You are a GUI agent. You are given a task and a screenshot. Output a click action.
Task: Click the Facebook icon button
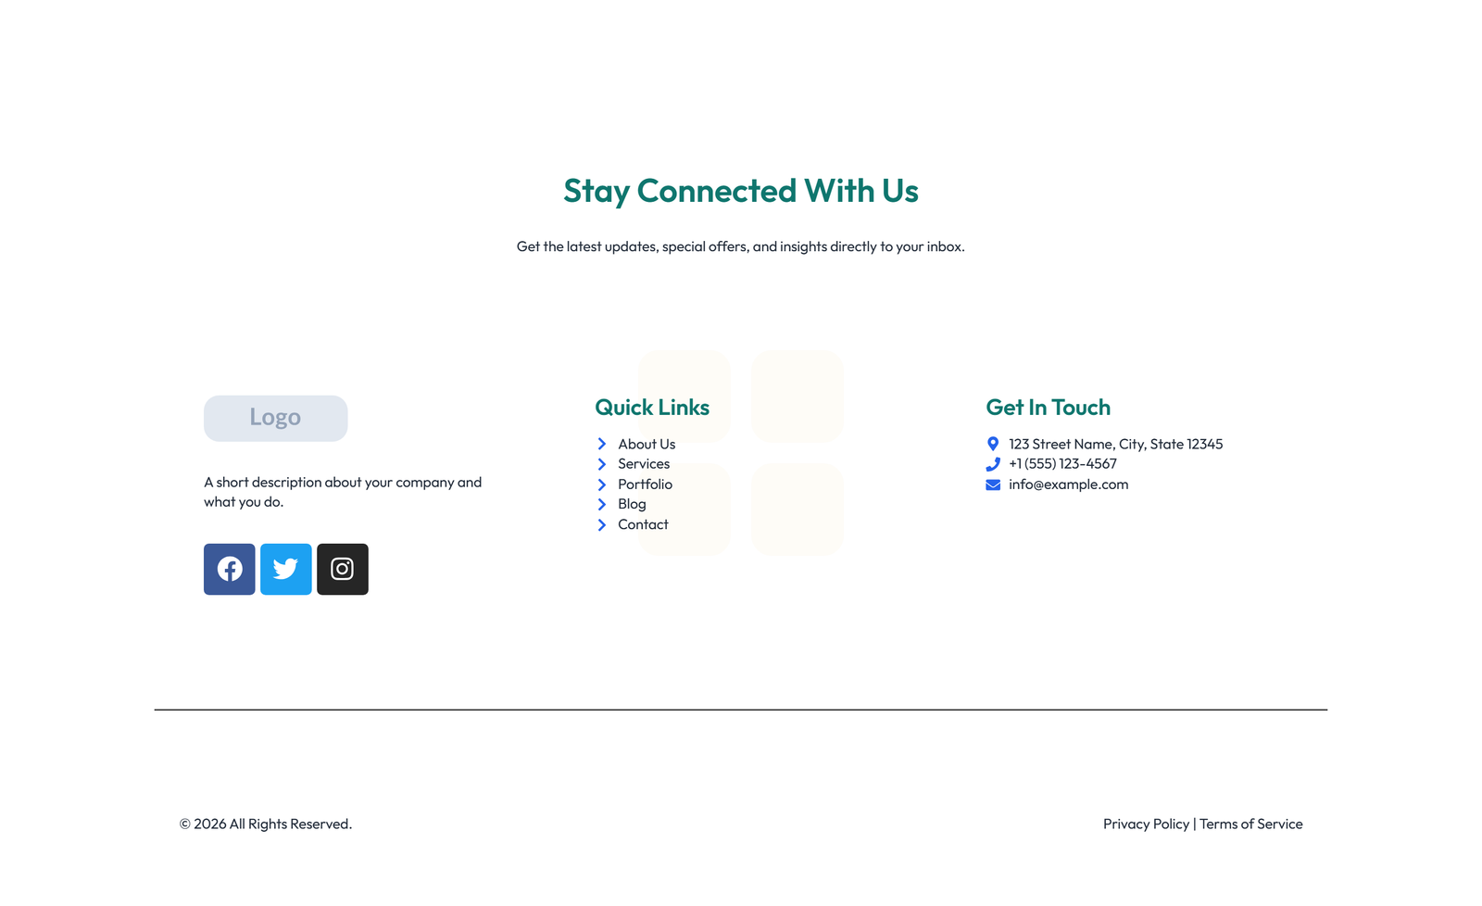coord(230,569)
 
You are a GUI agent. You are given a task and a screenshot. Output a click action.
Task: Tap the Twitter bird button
coord(286,569)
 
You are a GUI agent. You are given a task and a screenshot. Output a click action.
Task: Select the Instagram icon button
coord(343,569)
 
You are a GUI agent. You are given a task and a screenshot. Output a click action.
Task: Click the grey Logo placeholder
coord(275,418)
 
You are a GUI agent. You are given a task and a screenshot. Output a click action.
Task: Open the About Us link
coord(647,444)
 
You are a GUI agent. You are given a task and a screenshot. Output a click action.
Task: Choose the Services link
coord(644,464)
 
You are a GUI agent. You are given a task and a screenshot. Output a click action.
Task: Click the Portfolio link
coord(645,484)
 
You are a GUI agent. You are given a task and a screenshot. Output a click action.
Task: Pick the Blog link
coord(632,504)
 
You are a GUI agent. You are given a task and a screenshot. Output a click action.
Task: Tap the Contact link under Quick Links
coord(643,524)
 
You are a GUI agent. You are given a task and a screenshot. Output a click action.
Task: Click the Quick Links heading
coord(652,408)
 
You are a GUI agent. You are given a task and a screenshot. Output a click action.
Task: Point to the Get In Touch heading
coord(1048,408)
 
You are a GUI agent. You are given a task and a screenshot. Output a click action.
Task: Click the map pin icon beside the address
coord(993,444)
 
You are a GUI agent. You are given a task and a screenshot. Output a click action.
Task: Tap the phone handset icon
coord(993,464)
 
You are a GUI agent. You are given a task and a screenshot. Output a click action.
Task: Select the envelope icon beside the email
coord(993,484)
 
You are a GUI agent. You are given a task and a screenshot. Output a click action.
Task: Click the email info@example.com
coord(1068,484)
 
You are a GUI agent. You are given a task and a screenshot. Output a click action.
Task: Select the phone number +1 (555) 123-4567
coord(1062,464)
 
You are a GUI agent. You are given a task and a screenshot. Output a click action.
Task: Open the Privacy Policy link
coord(1146,824)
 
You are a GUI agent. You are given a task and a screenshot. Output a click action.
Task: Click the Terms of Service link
coord(1250,824)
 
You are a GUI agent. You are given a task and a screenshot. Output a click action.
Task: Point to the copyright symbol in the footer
coord(185,824)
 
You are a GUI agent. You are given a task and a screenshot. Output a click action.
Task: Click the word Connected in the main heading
coord(716,191)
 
